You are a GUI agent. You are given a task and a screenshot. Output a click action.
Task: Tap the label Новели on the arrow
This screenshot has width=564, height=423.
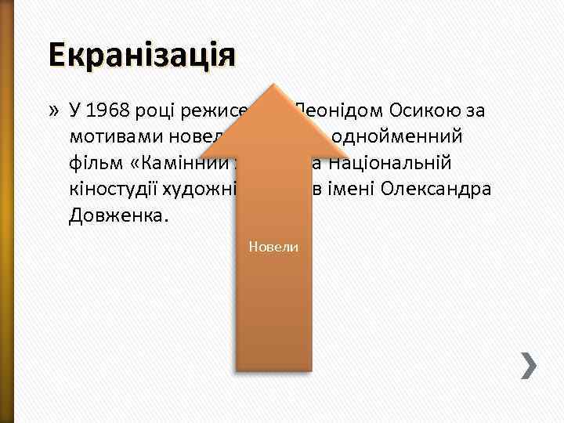click(273, 247)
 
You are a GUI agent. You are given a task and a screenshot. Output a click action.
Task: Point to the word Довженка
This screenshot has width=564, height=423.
click(119, 215)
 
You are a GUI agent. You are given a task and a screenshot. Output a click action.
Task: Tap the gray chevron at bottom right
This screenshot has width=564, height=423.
click(530, 365)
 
